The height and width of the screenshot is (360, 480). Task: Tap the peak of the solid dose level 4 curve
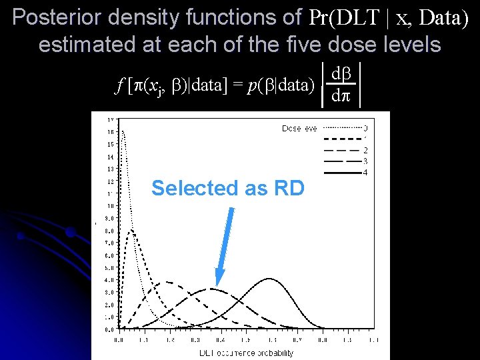[x=269, y=279]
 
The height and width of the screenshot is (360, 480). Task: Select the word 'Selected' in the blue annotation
[x=189, y=189]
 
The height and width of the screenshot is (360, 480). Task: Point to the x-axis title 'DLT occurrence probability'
[x=247, y=353]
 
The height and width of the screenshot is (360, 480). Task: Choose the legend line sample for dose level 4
[x=341, y=173]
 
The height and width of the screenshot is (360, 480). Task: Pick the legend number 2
[x=365, y=150]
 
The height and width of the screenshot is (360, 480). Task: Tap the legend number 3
[x=365, y=161]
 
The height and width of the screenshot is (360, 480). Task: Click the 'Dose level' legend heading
[x=299, y=128]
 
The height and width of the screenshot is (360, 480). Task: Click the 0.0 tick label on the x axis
[x=119, y=340]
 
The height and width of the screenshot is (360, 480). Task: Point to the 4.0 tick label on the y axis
[x=108, y=279]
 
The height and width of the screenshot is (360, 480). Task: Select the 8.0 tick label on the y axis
[x=108, y=230]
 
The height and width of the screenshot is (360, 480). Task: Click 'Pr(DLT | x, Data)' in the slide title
[x=389, y=18]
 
